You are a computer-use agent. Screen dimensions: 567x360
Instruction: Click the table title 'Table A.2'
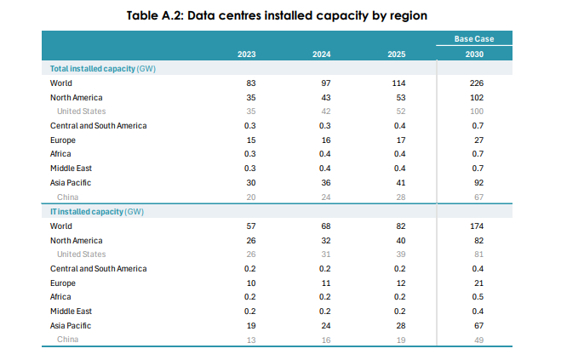[155, 15]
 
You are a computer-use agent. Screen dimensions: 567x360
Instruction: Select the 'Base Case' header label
[474, 39]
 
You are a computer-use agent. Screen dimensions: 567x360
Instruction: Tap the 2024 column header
[322, 54]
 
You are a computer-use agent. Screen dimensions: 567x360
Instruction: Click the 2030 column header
[474, 54]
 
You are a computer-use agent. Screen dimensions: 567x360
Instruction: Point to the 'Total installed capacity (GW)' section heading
[103, 69]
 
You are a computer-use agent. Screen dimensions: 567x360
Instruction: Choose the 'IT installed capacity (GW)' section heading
[97, 212]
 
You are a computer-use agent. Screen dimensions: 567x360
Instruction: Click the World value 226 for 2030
[477, 83]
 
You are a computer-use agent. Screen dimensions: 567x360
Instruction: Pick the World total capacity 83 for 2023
[251, 83]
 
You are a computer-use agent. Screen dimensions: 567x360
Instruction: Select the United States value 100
[477, 111]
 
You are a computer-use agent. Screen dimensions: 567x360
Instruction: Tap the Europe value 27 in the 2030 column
[478, 140]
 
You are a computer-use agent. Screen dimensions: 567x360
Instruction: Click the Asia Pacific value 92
[478, 183]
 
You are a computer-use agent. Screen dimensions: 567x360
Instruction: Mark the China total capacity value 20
[251, 197]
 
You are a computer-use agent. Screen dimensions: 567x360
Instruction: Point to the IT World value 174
[477, 226]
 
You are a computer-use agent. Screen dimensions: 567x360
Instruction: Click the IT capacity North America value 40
[401, 241]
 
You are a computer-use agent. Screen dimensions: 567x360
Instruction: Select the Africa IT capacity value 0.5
[478, 297]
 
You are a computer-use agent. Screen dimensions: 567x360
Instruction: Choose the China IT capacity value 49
[478, 340]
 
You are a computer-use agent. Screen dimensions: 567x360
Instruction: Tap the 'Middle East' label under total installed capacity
[71, 169]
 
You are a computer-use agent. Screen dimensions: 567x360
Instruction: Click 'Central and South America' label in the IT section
[99, 269]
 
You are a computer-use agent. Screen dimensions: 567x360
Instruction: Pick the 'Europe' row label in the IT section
[63, 283]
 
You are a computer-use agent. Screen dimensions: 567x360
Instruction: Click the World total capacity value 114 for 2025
[398, 83]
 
